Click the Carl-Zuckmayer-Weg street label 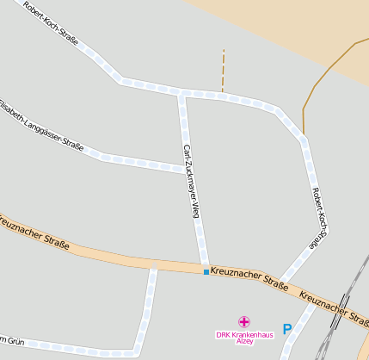click(191, 181)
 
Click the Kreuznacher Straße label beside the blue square click(249, 276)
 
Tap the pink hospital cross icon click(244, 322)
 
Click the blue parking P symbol click(287, 329)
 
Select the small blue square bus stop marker click(206, 272)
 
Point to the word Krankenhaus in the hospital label click(250, 334)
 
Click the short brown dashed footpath click(223, 71)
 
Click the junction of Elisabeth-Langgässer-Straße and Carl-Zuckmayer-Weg click(187, 169)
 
